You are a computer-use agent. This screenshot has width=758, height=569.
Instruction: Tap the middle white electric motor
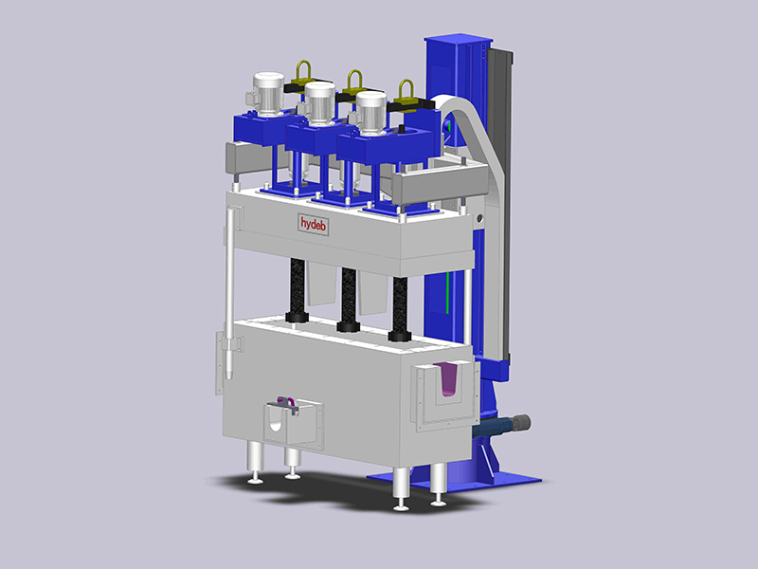[320, 103]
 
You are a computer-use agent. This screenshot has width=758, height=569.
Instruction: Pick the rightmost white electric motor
[370, 111]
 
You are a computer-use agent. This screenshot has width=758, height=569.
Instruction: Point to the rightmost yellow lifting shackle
[406, 92]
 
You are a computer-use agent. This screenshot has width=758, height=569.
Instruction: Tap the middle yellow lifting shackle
[355, 82]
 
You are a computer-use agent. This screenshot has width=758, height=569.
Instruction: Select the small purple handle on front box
[287, 405]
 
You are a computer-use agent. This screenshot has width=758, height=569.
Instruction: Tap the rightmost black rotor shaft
[400, 305]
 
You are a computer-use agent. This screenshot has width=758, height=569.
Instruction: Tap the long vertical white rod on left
[229, 284]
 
